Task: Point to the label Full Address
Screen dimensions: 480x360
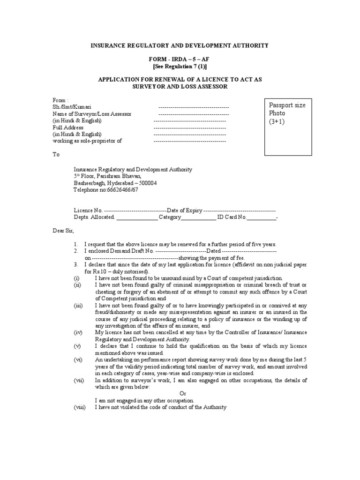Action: coord(68,127)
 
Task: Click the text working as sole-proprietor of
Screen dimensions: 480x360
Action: coord(88,141)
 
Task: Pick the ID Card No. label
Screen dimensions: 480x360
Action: coord(232,217)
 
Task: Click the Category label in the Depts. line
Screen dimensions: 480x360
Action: coord(170,217)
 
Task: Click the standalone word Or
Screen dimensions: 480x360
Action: coord(183,394)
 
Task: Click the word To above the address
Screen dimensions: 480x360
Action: coord(56,154)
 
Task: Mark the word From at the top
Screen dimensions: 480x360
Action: coord(60,100)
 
